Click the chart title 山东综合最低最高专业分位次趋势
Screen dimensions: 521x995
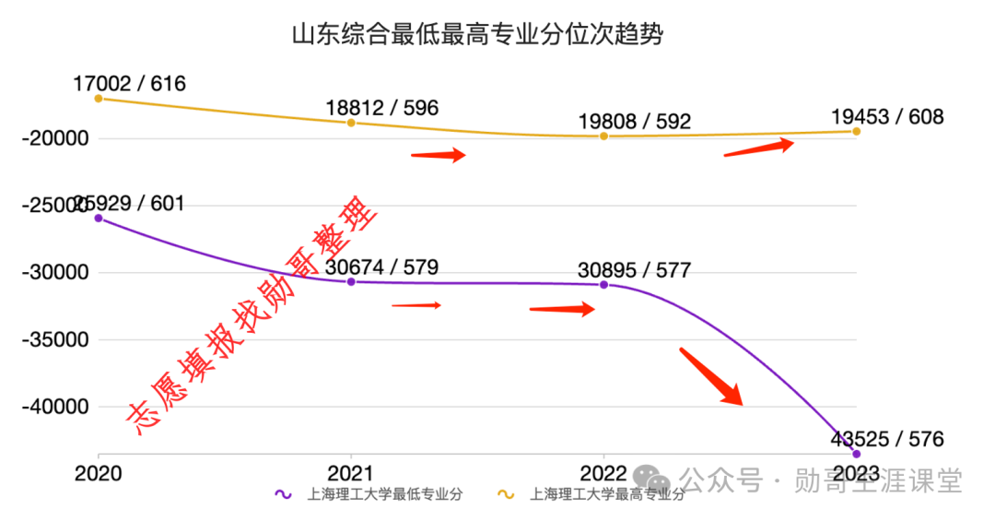coord(477,36)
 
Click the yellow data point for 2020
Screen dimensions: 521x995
coord(99,98)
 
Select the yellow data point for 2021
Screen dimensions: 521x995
coord(351,123)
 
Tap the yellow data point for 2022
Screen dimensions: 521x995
coord(603,136)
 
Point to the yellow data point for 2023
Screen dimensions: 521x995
coord(856,131)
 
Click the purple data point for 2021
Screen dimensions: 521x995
coord(351,281)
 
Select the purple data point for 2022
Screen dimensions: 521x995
coord(603,284)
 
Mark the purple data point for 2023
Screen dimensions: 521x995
coord(856,454)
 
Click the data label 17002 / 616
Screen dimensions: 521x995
coord(129,84)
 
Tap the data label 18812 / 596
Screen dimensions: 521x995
coord(381,108)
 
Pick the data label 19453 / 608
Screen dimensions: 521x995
coord(886,117)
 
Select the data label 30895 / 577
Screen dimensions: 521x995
coord(634,270)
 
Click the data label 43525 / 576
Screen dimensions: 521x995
coord(886,439)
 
